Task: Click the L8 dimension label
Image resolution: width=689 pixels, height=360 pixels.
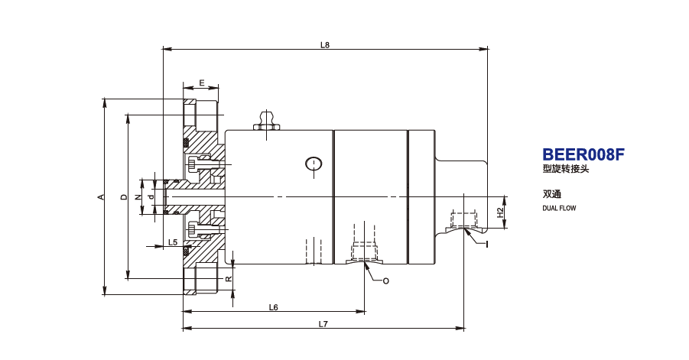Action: tap(324, 44)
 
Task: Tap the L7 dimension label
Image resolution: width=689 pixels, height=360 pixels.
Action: tap(323, 324)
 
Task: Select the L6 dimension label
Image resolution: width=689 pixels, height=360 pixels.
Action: tap(273, 307)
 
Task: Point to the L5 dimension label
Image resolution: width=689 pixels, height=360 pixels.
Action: tap(173, 243)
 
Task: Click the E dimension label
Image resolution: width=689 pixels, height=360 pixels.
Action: tap(201, 83)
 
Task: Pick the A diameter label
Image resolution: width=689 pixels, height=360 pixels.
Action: tap(100, 197)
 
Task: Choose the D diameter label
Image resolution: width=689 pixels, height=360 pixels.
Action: tap(124, 197)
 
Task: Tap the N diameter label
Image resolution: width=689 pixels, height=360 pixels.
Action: tap(138, 197)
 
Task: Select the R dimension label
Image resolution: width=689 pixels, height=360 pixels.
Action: tap(229, 278)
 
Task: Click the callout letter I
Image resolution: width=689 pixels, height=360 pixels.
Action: tap(486, 244)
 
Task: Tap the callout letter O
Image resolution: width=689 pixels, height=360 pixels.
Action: tap(385, 281)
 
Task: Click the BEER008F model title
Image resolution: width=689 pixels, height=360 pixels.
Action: tap(583, 154)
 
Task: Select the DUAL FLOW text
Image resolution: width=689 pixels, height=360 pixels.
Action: tap(558, 208)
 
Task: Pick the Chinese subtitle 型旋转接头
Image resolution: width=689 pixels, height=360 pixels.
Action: tap(566, 170)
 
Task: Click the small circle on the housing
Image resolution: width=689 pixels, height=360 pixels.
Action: tap(314, 163)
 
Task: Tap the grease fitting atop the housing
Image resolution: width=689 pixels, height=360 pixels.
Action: tap(267, 122)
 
